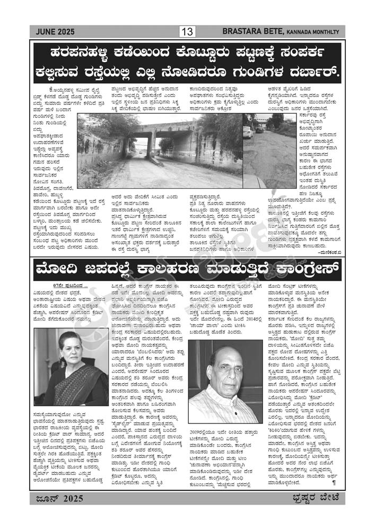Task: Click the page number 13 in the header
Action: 187,32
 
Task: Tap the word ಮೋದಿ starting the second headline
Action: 54,270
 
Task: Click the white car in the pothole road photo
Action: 248,132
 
